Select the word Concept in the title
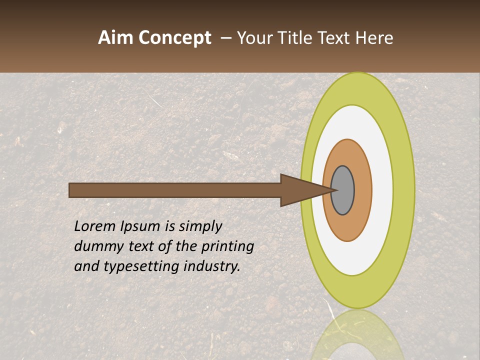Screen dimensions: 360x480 (x=175, y=38)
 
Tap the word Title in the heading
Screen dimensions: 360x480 (x=295, y=38)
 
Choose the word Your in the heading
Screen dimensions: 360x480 (x=254, y=38)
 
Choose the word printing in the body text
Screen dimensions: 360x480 (x=227, y=247)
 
